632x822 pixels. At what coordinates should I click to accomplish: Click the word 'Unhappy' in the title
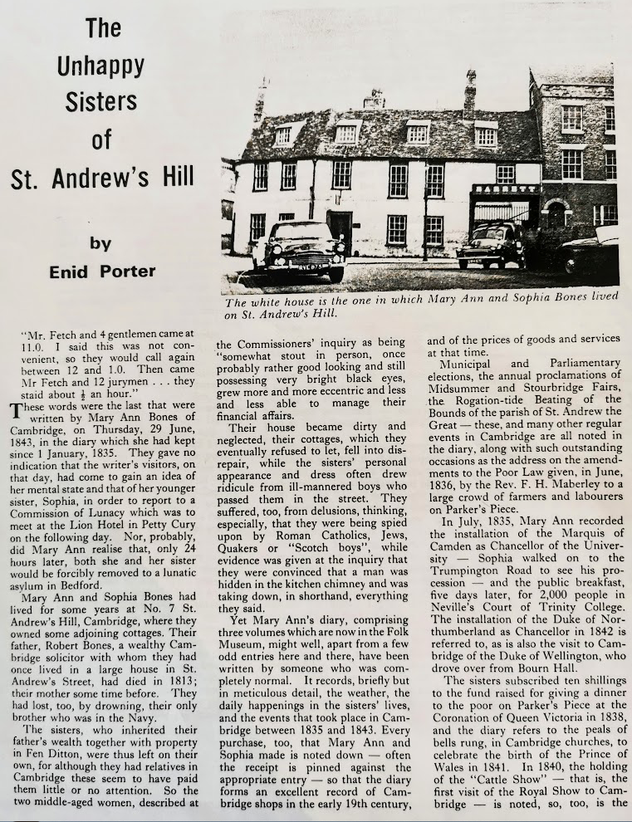tap(101, 65)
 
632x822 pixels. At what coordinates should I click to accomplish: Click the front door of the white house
tap(340, 228)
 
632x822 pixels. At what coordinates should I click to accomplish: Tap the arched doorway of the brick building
tap(556, 214)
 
